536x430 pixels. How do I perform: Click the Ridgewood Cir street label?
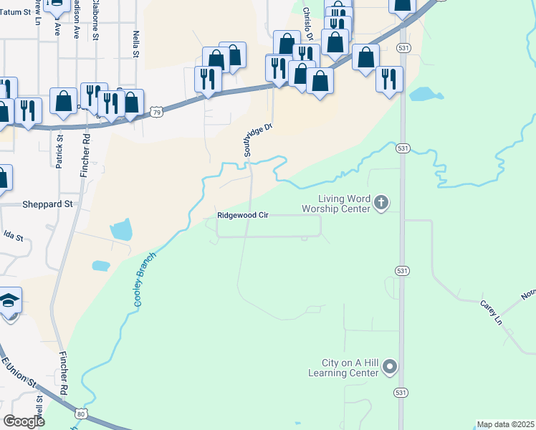(243, 215)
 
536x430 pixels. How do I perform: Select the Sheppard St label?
(47, 204)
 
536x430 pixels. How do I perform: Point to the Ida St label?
(13, 235)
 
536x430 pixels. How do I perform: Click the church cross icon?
(381, 203)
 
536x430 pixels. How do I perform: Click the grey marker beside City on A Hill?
(390, 368)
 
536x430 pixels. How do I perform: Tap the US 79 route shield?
(156, 112)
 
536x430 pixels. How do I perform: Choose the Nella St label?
(135, 43)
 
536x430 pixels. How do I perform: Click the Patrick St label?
(59, 150)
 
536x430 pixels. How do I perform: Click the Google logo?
(24, 421)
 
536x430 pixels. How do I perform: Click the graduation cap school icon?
(9, 300)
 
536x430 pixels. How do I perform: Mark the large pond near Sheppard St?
(122, 230)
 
